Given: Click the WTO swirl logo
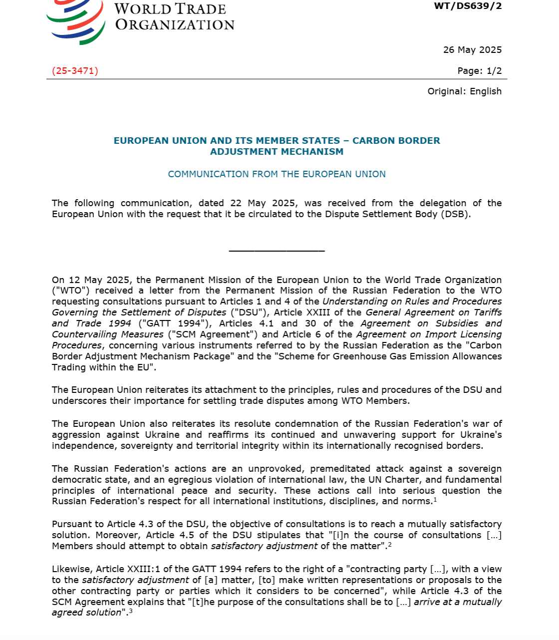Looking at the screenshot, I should coord(76,22).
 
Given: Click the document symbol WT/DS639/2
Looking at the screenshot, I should coord(468,6).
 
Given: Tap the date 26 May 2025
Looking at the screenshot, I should coord(472,50).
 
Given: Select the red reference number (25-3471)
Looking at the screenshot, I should coord(75,71).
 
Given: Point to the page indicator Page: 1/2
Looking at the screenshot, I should coord(479,71).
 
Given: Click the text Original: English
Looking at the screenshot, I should coord(464,91).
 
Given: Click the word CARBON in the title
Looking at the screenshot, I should coord(374,141).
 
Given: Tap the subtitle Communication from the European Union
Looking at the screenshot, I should coord(277,174).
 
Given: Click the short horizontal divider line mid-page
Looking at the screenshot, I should coord(277,251).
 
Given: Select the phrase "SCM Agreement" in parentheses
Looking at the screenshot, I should coord(213,334).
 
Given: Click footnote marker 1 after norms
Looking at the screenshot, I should coord(435,500).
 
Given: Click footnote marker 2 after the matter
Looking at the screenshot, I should coord(390,545).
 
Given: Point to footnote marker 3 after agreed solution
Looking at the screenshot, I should coord(131,611).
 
